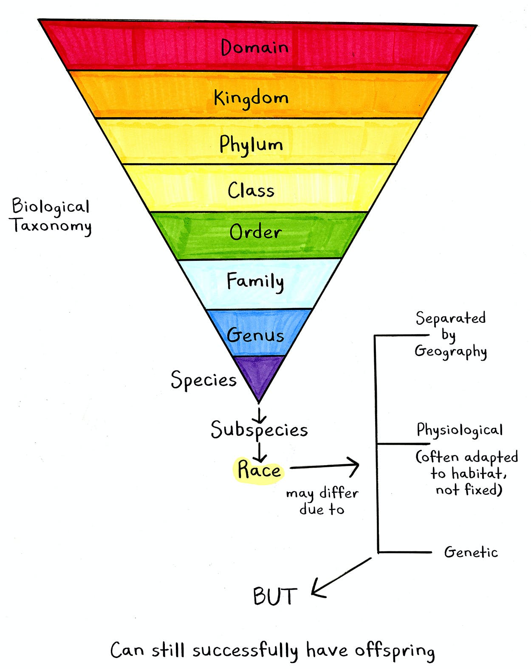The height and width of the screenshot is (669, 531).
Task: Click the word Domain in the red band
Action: click(254, 47)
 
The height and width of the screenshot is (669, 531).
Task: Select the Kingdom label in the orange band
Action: click(251, 98)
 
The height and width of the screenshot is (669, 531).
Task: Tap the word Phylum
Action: click(251, 145)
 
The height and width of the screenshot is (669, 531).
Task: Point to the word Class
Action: click(251, 190)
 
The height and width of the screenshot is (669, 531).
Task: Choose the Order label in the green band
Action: click(255, 232)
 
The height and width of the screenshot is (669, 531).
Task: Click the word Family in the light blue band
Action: click(255, 281)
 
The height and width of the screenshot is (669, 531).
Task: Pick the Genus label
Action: click(255, 335)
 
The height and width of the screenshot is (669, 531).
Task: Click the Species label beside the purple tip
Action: click(203, 379)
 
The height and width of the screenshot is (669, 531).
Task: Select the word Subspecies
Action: click(259, 429)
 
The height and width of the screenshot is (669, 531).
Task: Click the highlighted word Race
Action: click(259, 470)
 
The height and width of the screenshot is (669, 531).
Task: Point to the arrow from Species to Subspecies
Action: click(259, 415)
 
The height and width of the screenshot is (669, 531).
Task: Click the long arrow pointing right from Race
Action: click(325, 466)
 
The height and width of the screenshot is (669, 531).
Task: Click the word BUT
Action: click(274, 596)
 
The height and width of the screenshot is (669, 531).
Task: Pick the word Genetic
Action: click(471, 552)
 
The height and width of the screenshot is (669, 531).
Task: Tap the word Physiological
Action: click(460, 430)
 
